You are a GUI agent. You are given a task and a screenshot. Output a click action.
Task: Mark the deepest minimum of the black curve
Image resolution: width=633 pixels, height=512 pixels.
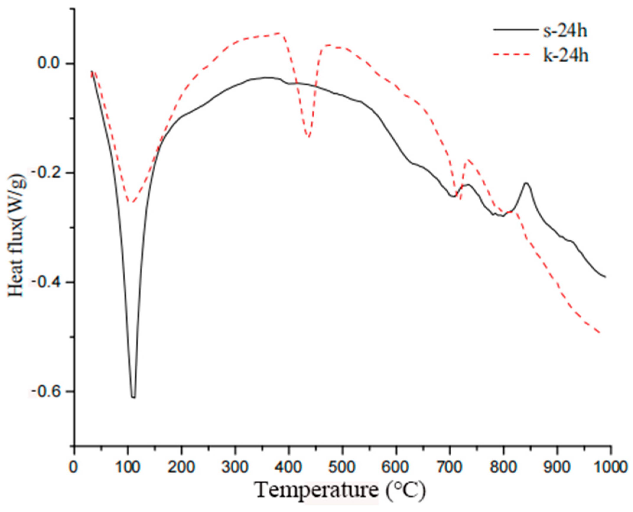click(134, 398)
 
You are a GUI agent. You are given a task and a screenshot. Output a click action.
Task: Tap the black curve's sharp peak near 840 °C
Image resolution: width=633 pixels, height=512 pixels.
click(526, 183)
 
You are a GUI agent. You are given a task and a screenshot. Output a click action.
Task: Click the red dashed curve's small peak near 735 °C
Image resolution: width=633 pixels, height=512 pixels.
click(468, 160)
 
